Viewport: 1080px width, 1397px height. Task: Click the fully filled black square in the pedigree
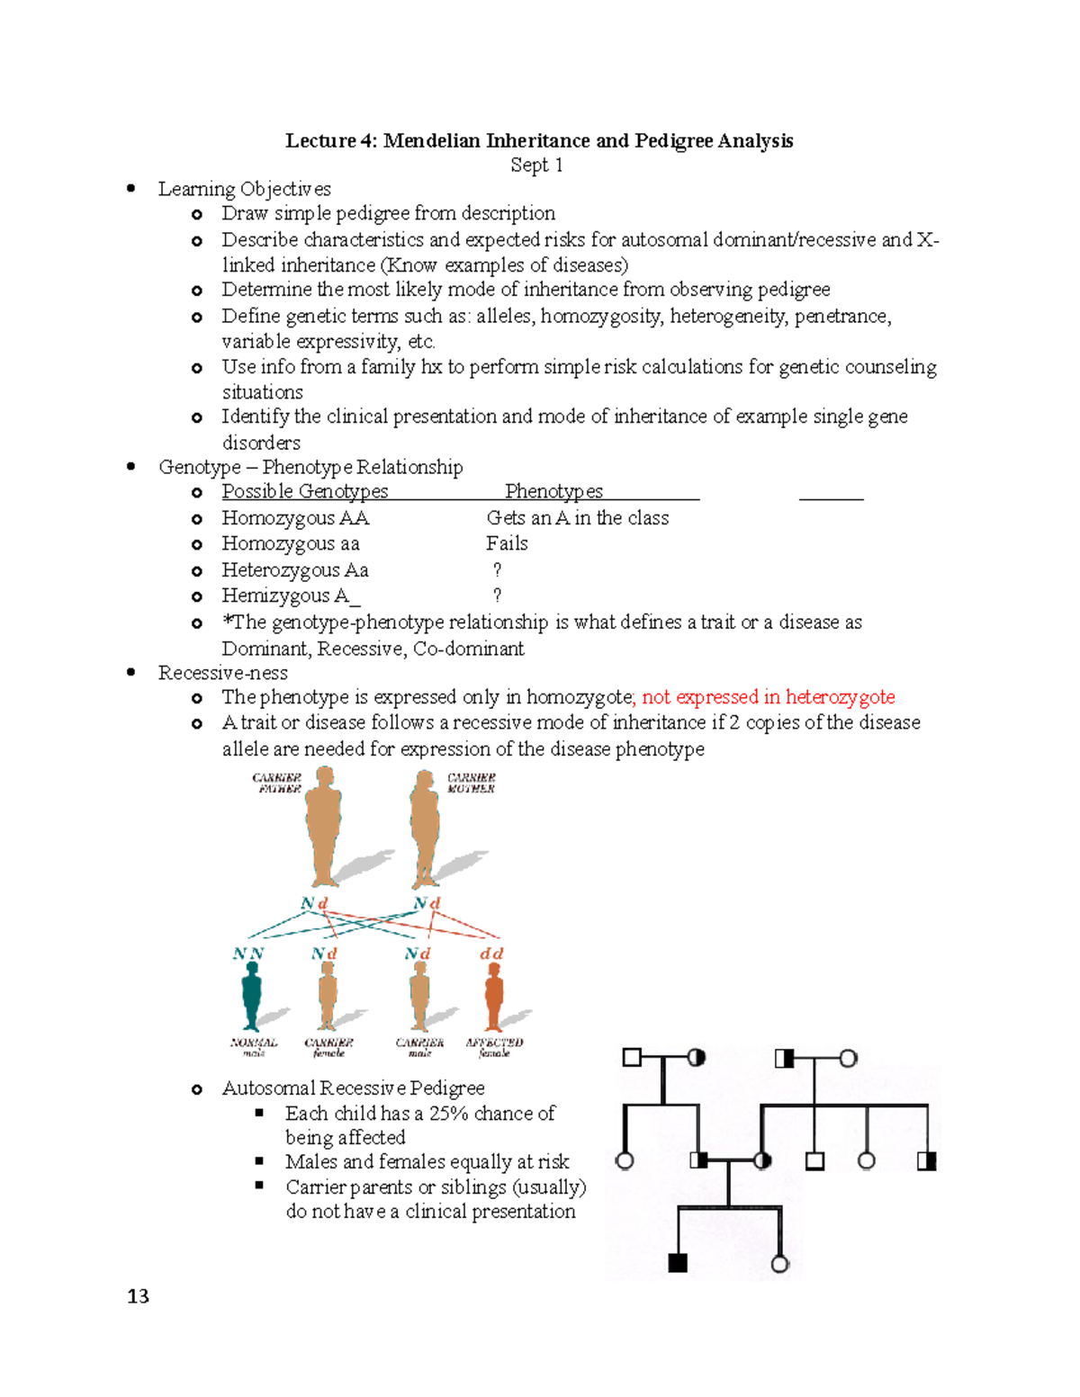coord(678,1263)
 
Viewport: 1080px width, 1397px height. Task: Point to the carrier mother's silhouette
coord(424,828)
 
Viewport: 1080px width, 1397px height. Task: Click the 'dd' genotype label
coord(491,954)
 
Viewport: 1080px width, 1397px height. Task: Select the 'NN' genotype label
coord(248,954)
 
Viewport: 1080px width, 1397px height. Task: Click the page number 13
coord(138,1296)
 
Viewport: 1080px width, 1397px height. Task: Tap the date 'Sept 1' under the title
coord(536,166)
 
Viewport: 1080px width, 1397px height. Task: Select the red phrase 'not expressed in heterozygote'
coord(768,697)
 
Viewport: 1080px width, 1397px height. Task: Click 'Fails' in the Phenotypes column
coord(507,543)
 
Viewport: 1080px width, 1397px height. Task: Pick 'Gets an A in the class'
coord(577,518)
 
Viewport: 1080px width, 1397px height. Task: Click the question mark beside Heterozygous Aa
coord(497,569)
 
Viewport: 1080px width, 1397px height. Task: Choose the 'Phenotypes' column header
coord(553,491)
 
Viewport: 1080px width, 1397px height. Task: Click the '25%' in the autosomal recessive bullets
coord(449,1114)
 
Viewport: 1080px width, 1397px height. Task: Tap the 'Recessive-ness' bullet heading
coord(223,673)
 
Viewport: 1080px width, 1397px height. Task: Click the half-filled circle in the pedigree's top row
coord(696,1058)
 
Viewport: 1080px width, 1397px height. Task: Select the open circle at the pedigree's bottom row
coord(780,1264)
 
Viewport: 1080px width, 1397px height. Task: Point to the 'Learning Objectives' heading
coord(245,189)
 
